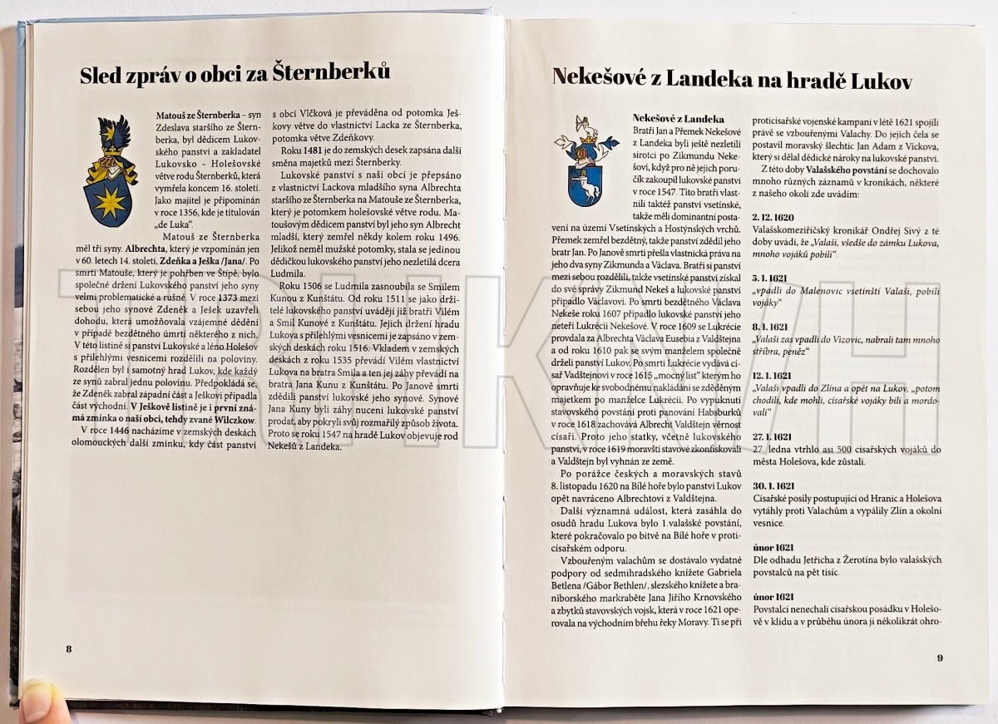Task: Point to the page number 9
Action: (939, 658)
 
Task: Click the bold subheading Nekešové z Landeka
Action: (679, 120)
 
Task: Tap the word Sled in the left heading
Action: (101, 76)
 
